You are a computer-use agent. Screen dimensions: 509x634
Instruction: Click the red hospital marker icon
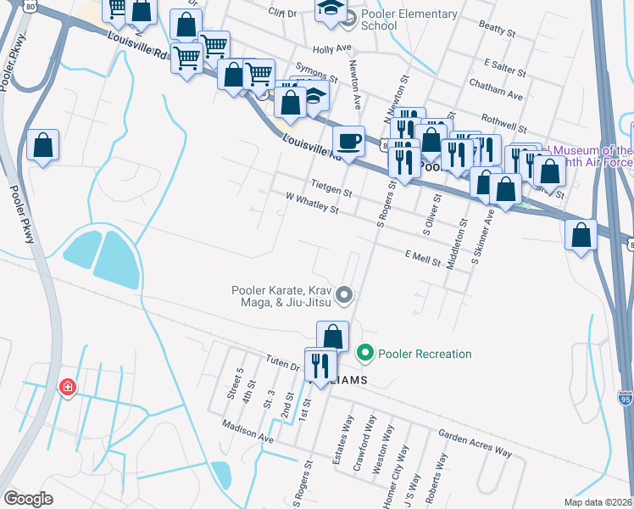[x=66, y=388]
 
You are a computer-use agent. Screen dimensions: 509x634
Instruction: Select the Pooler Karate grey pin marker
[x=344, y=295]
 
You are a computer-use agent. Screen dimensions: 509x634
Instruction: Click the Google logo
[x=28, y=499]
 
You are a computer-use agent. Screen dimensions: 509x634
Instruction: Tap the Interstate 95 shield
[x=626, y=396]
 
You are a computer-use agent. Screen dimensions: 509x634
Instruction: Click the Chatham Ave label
[x=503, y=95]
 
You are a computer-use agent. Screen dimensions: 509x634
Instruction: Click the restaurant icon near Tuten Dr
[x=320, y=366]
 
